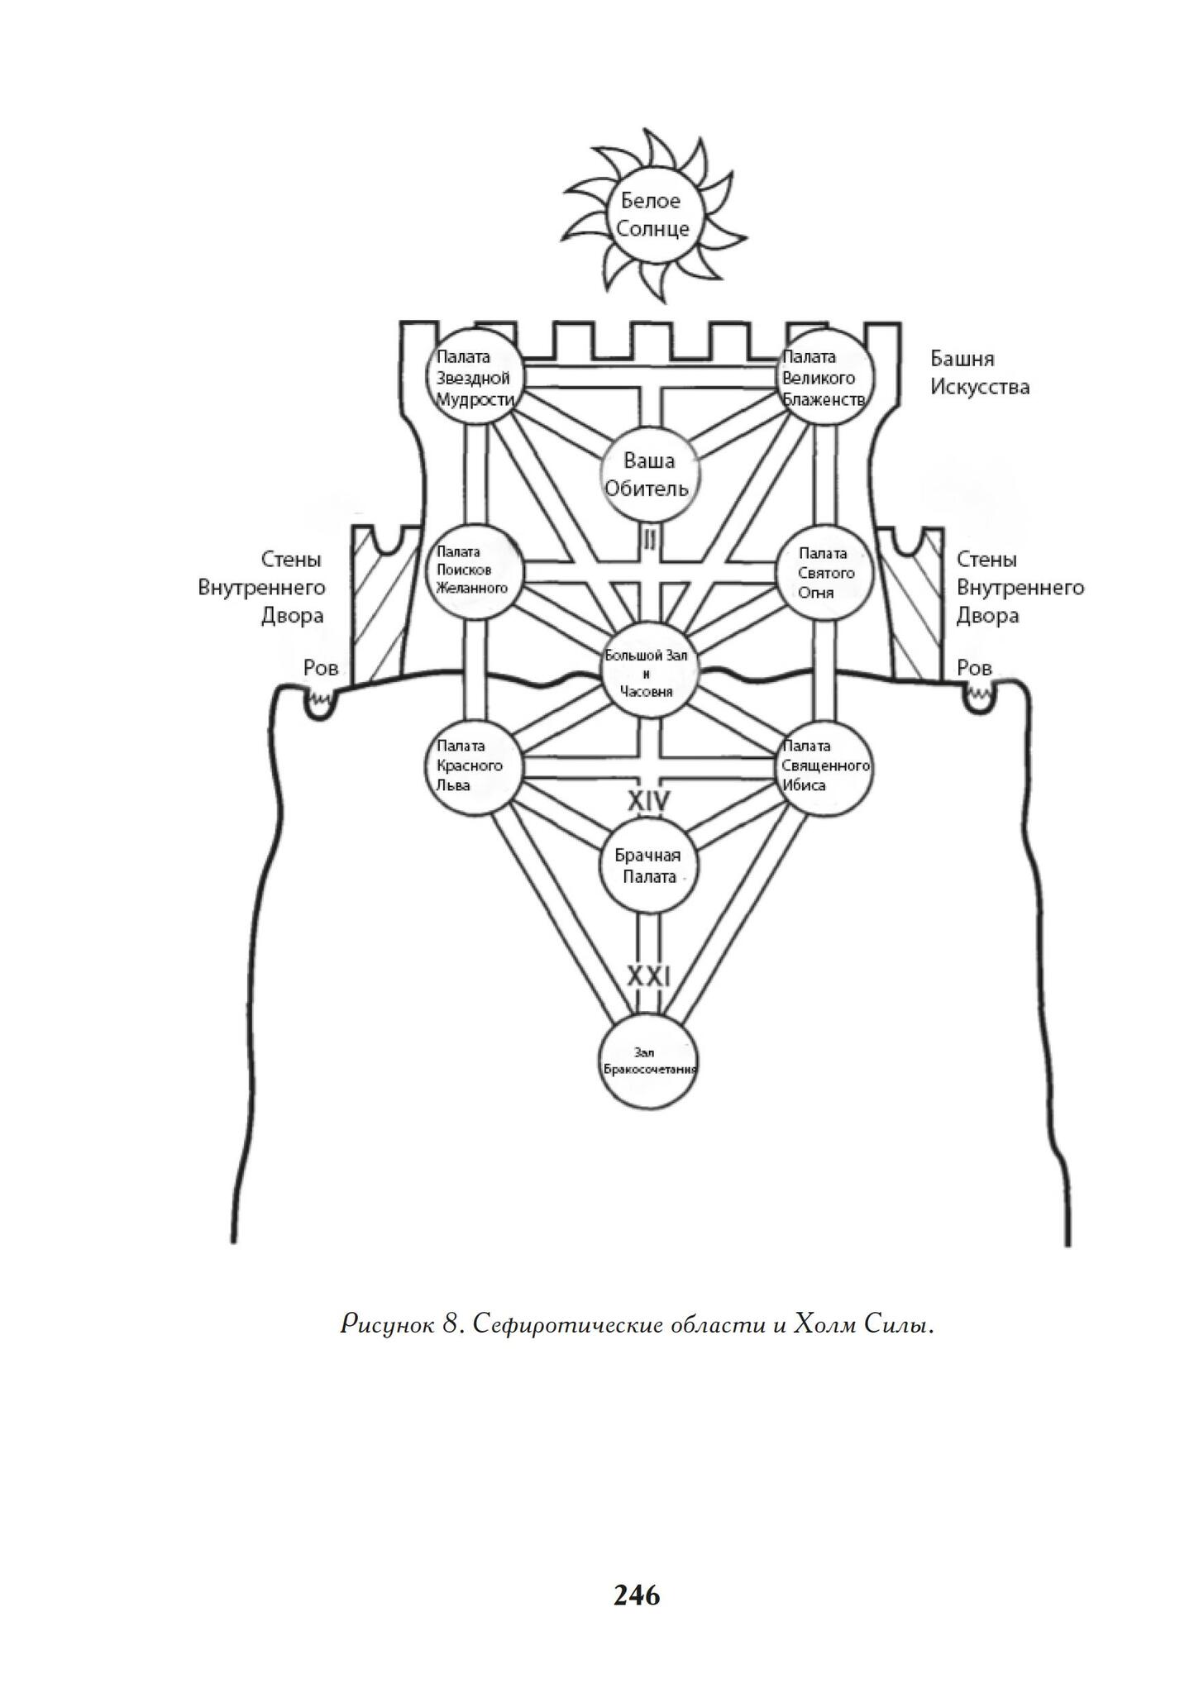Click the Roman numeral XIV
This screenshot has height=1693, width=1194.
pos(649,800)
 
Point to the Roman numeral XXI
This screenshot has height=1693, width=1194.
pos(649,976)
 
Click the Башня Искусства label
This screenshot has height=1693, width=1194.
pos(981,373)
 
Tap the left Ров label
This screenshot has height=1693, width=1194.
pos(322,668)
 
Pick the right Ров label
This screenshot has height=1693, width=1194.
pos(974,668)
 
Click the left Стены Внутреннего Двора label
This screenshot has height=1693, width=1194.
pos(262,588)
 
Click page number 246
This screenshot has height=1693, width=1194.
pos(637,1595)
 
